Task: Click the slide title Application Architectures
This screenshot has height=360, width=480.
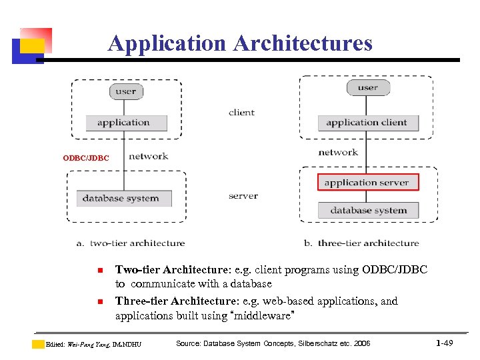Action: point(240,43)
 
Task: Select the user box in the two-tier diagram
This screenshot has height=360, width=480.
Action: point(126,91)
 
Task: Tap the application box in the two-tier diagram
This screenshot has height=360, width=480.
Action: point(124,123)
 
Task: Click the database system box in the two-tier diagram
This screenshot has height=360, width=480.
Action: point(121,198)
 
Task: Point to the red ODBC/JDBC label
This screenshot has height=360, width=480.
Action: point(85,158)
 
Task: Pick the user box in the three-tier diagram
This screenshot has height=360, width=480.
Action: point(367,87)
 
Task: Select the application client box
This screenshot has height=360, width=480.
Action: point(367,123)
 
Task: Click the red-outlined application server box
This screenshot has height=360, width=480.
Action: point(367,182)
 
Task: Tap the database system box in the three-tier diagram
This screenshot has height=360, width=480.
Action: point(368,211)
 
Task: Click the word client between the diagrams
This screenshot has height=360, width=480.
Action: point(241,113)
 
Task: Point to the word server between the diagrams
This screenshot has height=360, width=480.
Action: point(243,196)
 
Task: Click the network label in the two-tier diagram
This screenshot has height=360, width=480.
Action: point(148,156)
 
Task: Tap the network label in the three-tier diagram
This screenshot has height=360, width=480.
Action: point(338,152)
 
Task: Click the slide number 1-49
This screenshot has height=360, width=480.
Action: point(445,343)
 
